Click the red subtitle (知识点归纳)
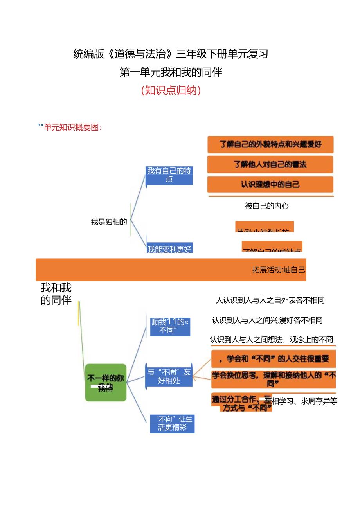[x=171, y=91]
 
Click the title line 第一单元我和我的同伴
[x=171, y=72]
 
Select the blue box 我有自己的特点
[x=169, y=175]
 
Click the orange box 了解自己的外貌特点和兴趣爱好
[x=270, y=144]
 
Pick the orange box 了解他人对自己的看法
[x=270, y=164]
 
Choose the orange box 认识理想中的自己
[x=270, y=184]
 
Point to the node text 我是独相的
[x=109, y=222]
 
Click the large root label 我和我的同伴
[x=56, y=294]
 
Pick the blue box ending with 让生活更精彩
[x=172, y=423]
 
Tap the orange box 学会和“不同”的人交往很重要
[x=273, y=358]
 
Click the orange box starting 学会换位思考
[x=273, y=378]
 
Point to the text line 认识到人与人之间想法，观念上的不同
[x=271, y=340]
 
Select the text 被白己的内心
[x=266, y=206]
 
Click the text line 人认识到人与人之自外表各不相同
[x=270, y=300]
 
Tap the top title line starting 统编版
[x=171, y=54]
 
